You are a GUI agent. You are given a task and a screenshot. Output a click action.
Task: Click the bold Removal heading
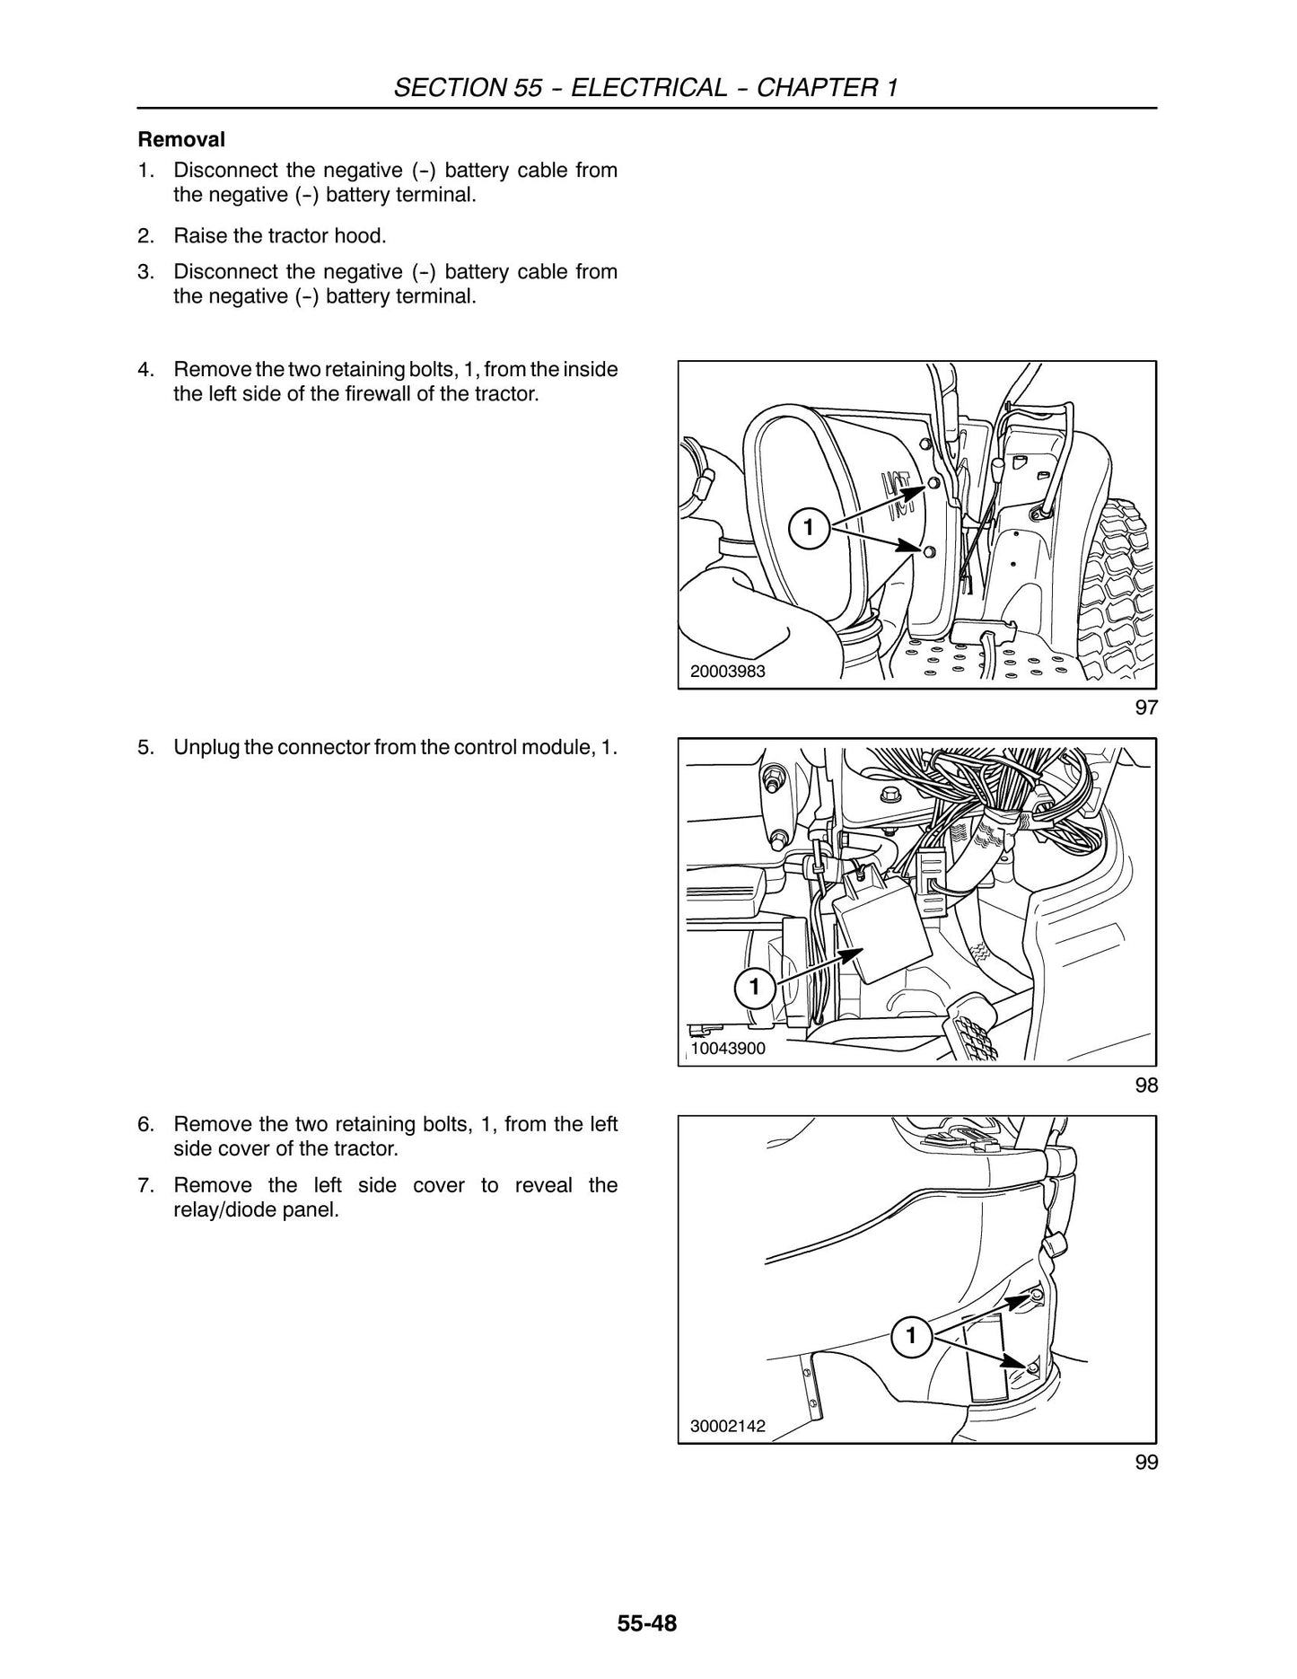click(x=180, y=140)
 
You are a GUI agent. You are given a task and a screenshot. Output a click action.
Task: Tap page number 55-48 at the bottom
click(x=646, y=1624)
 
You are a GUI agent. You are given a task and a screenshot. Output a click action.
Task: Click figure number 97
click(x=1146, y=708)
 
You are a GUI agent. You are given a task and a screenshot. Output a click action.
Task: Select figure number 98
click(x=1146, y=1086)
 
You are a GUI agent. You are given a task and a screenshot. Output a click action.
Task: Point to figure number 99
click(x=1146, y=1463)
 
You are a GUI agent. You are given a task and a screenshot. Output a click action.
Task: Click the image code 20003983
click(x=728, y=671)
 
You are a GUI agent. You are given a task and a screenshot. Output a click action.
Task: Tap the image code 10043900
click(x=728, y=1049)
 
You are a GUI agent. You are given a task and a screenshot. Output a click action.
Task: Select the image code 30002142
click(x=728, y=1426)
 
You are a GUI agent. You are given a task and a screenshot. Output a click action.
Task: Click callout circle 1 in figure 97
click(x=808, y=528)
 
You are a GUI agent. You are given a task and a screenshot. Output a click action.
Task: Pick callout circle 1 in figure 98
click(x=754, y=988)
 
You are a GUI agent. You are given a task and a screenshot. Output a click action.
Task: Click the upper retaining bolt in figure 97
click(x=934, y=483)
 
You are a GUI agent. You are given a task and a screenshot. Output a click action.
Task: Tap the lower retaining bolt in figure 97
click(x=929, y=551)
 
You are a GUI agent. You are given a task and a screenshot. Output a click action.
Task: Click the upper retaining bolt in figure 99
click(x=1037, y=1295)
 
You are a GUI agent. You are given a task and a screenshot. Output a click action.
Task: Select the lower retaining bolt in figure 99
click(x=1032, y=1367)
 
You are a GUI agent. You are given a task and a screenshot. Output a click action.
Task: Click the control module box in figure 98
click(x=882, y=935)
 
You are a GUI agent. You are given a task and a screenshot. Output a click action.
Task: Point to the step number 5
click(x=145, y=747)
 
